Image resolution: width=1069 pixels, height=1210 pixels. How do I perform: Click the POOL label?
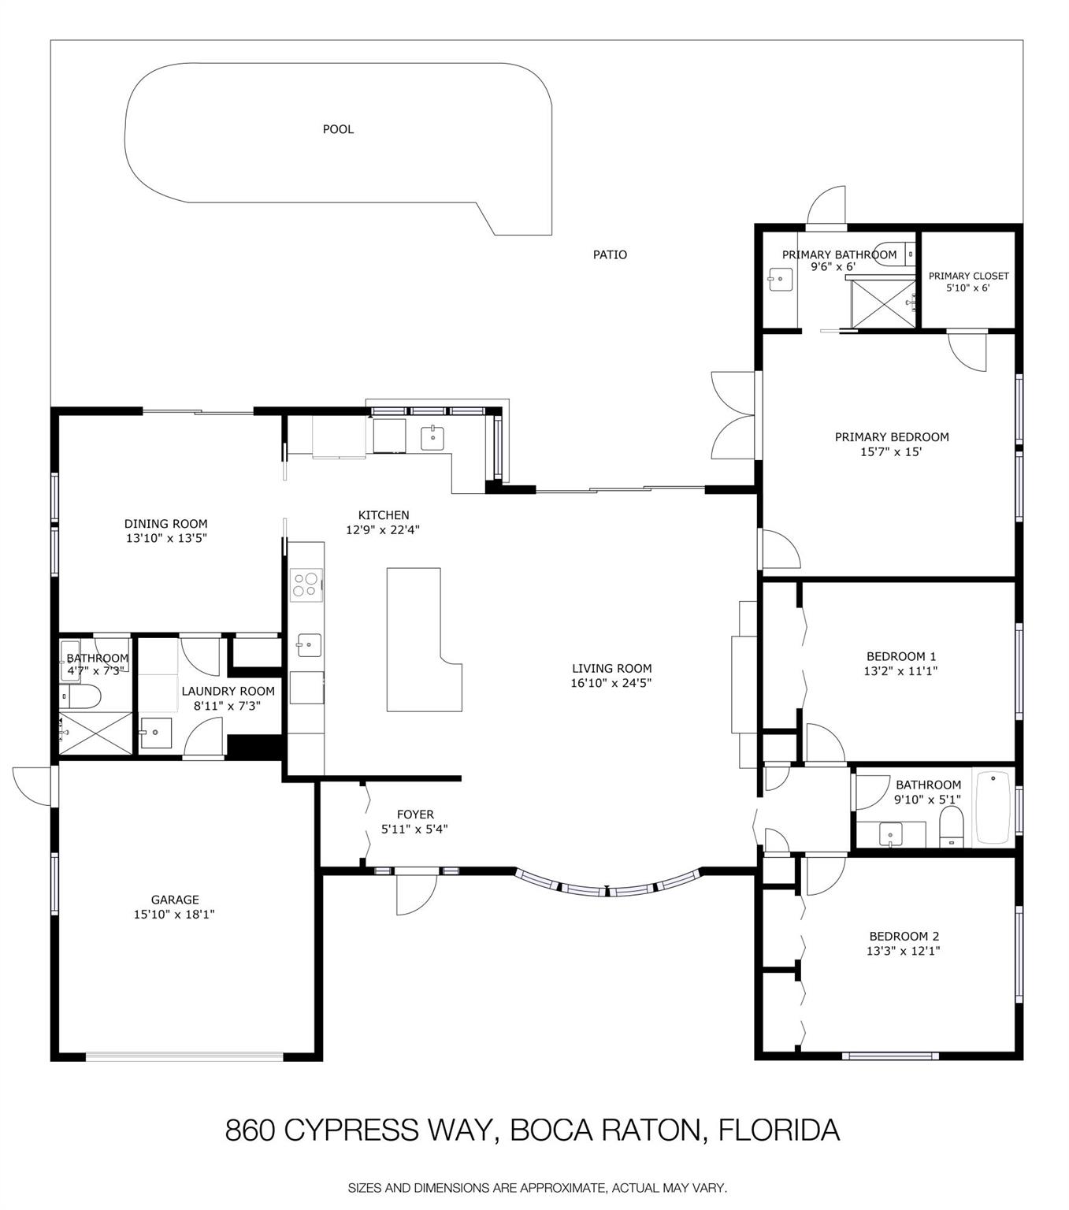[x=338, y=129]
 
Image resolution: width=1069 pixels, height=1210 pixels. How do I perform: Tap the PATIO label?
[x=610, y=254]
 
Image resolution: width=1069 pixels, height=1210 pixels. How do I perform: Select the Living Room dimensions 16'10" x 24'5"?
[x=611, y=683]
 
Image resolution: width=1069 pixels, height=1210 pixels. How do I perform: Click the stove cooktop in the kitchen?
[x=306, y=585]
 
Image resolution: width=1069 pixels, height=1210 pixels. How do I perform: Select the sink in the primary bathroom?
[x=781, y=280]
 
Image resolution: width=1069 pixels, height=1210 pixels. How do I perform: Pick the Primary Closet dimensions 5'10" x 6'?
[x=968, y=288]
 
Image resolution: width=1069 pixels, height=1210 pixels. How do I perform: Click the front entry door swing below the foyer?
[x=417, y=894]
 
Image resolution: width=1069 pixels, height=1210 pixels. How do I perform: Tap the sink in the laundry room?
[x=155, y=733]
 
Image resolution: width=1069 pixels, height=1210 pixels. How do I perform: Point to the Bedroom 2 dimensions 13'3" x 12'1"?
[x=903, y=951]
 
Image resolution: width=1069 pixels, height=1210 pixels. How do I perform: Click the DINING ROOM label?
[x=166, y=524]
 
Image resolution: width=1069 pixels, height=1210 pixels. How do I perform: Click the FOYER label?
[x=415, y=815]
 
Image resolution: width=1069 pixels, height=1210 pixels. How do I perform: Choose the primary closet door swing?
[x=967, y=352]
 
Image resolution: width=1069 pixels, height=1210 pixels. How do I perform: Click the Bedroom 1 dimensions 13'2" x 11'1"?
[x=900, y=670]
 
